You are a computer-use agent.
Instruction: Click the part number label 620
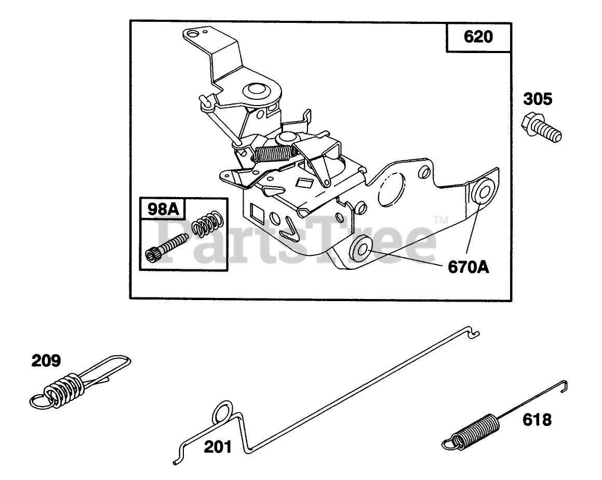[x=477, y=37]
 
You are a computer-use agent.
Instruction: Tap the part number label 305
[x=538, y=98]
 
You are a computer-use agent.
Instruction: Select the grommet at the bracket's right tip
[x=484, y=191]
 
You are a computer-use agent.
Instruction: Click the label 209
[x=46, y=360]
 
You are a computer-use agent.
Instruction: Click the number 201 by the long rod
[x=218, y=446]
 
